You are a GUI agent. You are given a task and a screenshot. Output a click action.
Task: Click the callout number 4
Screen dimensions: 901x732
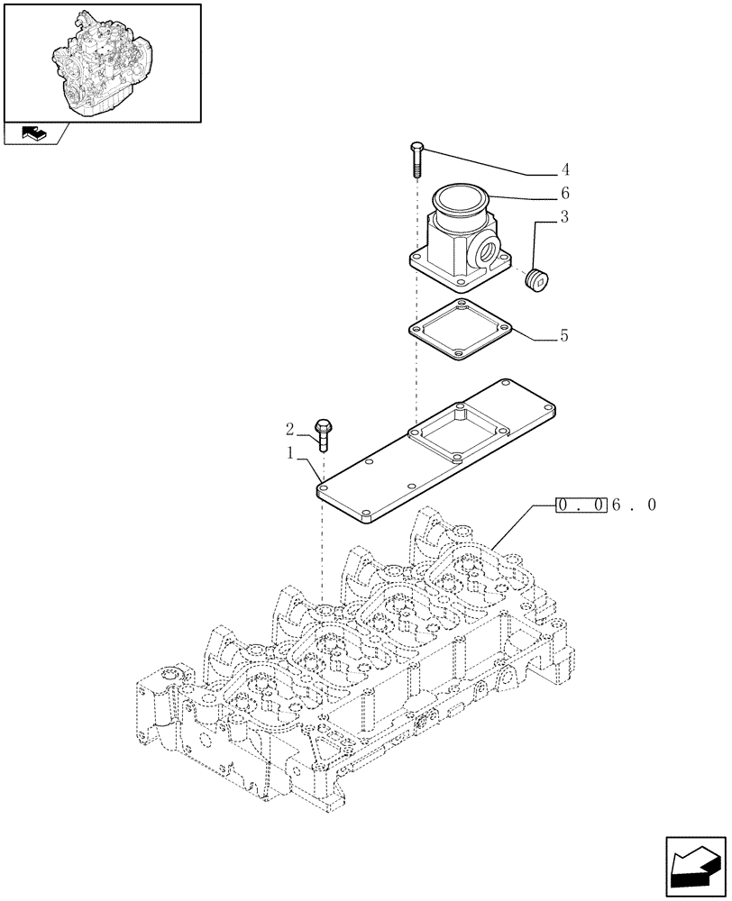click(564, 169)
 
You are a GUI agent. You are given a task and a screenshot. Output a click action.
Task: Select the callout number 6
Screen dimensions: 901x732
click(564, 193)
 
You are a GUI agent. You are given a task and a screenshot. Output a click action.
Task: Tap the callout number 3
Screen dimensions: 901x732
click(564, 216)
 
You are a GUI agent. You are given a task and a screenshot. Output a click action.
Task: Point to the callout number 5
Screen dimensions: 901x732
click(564, 335)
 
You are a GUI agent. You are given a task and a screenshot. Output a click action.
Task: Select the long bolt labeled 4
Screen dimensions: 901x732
click(416, 160)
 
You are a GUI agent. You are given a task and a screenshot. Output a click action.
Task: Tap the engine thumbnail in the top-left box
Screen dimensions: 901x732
click(102, 61)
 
